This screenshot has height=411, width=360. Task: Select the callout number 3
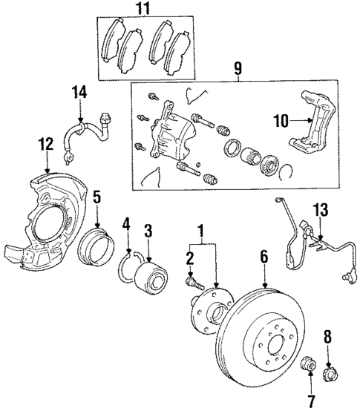(148, 231)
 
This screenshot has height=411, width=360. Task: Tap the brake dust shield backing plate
(52, 223)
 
